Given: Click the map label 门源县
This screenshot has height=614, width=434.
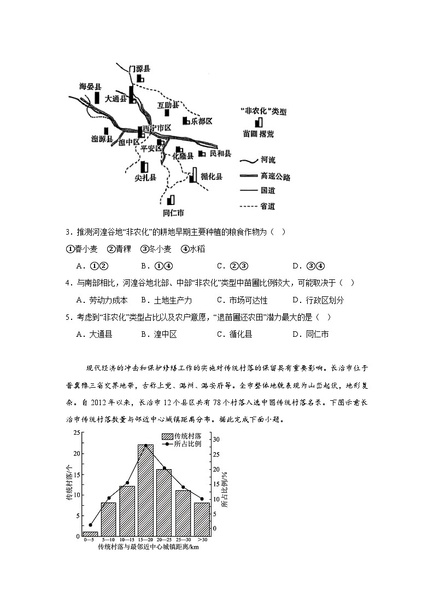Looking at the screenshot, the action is point(139,69).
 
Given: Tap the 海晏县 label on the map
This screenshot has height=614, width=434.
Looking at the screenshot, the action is point(90,86).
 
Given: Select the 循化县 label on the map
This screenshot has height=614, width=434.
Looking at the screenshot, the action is point(212,177).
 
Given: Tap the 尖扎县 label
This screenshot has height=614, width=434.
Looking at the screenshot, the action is point(145,177).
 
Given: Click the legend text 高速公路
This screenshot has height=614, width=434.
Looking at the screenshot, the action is point(275,177).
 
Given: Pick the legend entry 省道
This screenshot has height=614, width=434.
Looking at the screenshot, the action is point(268,206).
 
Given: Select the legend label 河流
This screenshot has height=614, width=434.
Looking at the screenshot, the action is point(268,160).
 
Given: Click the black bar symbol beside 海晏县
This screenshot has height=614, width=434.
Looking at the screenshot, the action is point(97,98).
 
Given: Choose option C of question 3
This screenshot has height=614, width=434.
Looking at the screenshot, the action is point(233,266).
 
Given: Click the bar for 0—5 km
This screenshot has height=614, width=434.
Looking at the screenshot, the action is point(90,534).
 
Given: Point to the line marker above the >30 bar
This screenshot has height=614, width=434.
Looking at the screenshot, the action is point(202,499).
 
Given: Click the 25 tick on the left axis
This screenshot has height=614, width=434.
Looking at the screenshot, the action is point(78,432).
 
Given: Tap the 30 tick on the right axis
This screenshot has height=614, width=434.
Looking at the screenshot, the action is point(216,440).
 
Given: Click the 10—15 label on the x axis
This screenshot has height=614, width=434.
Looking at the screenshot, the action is point(126,540).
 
